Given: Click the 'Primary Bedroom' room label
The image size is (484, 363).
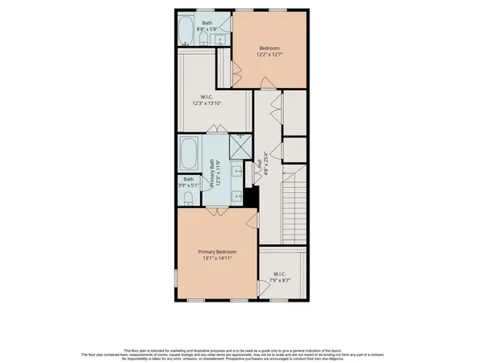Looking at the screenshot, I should point(215,252).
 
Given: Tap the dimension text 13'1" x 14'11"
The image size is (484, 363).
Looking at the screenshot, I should point(215,259).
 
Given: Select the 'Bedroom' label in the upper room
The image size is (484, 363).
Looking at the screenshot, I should point(268,47).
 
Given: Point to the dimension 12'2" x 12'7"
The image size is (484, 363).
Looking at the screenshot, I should point(268,54).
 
